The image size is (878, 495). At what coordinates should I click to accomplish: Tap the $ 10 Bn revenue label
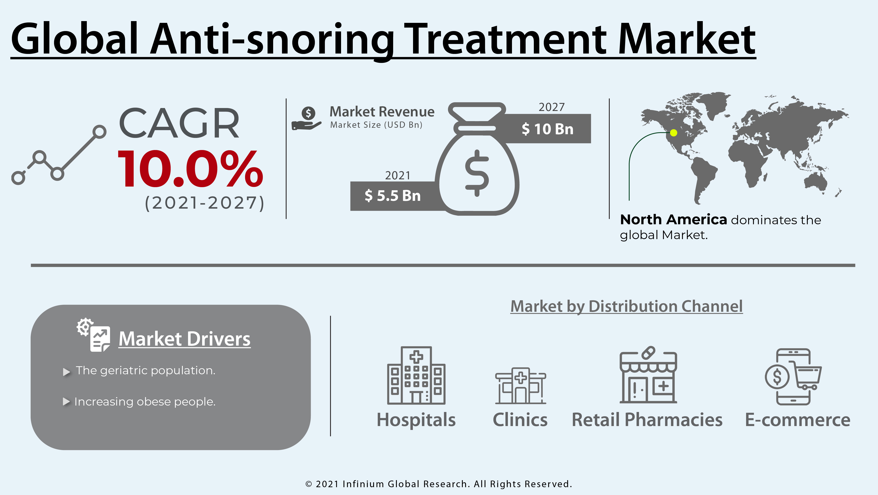[547, 129]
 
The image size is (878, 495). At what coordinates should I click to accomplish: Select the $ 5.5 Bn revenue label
[392, 196]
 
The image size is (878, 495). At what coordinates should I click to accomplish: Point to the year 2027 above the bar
[551, 107]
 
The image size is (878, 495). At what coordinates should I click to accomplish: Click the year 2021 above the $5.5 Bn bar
[397, 175]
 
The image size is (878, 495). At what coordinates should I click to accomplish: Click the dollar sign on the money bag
[477, 173]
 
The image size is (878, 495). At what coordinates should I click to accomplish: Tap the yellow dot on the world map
[674, 133]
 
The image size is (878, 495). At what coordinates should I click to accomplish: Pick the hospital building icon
[416, 375]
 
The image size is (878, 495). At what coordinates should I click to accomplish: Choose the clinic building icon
[521, 385]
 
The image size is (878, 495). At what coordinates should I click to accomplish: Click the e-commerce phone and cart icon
[793, 377]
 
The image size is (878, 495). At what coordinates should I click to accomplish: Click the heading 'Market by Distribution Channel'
[627, 306]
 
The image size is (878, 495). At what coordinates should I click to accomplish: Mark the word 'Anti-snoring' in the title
[272, 40]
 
